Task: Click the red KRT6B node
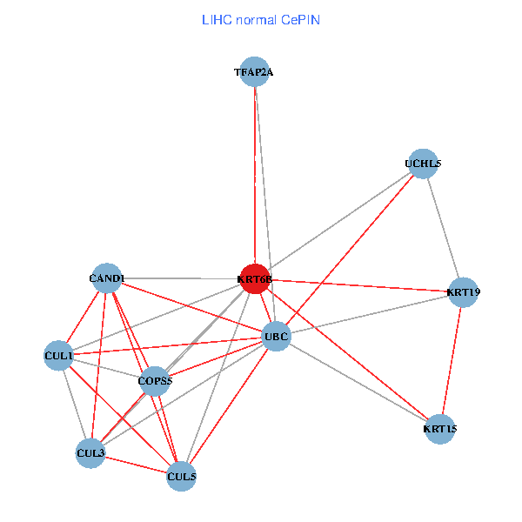(254, 279)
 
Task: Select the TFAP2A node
(254, 72)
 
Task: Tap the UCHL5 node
(423, 164)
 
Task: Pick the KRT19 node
(463, 291)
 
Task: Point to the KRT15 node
(440, 429)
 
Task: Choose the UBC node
(276, 337)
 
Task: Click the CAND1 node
(107, 278)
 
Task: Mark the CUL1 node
(58, 356)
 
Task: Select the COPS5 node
(155, 381)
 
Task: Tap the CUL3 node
(90, 453)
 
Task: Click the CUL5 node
(181, 476)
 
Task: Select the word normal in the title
(256, 19)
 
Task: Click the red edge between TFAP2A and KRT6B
(254, 174)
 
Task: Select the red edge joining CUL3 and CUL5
(136, 465)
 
